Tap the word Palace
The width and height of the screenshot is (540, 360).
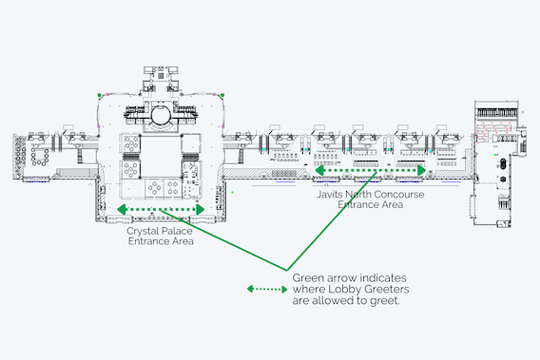pos(176,231)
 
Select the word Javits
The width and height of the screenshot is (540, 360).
pos(329,194)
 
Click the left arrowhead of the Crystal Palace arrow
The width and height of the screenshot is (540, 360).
pos(122,209)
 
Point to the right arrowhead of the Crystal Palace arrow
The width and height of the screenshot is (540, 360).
pos(201,209)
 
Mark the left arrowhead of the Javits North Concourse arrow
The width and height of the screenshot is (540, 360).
pos(319,170)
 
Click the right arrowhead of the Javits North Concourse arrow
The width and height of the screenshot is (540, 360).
pos(422,170)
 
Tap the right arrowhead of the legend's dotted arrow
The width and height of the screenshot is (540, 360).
pos(285,289)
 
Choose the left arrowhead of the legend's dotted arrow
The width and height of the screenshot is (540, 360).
pos(250,289)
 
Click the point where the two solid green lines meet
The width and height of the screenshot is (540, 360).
pos(286,270)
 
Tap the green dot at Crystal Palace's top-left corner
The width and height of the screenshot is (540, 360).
pos(100,95)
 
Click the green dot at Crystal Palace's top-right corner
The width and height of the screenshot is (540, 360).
pos(222,95)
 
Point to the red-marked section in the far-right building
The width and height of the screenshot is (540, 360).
pos(493,132)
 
